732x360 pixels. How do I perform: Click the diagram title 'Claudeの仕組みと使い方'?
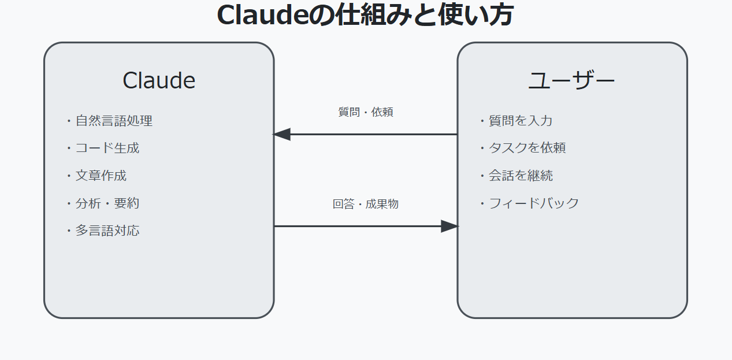click(365, 16)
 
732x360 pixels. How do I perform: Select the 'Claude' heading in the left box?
click(159, 80)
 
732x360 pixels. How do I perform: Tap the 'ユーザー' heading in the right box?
click(572, 80)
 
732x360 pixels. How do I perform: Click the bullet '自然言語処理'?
click(114, 121)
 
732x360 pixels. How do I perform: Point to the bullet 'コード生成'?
click(107, 148)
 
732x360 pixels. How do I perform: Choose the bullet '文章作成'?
click(101, 176)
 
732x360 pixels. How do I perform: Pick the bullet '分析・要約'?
click(107, 203)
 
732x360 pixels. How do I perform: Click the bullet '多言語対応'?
click(107, 231)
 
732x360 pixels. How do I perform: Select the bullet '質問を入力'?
click(521, 121)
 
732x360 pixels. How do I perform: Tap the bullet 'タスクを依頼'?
click(527, 148)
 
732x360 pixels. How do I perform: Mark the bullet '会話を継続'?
click(521, 176)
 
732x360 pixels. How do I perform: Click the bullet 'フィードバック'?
click(533, 203)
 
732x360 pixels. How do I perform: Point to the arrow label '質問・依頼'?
click(366, 112)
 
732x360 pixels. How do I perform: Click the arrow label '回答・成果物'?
click(366, 204)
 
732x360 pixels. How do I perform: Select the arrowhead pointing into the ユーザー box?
click(449, 227)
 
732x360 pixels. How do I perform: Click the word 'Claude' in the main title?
click(263, 16)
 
